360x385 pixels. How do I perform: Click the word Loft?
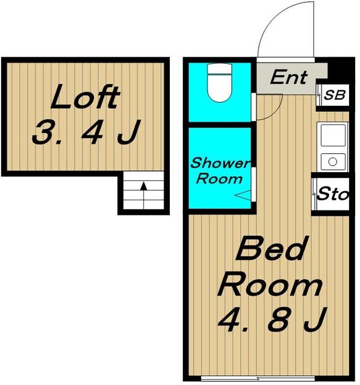click(85, 96)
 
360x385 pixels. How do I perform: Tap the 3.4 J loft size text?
click(86, 132)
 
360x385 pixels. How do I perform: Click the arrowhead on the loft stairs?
click(143, 186)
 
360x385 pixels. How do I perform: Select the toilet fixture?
click(220, 83)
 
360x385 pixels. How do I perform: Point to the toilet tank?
click(220, 69)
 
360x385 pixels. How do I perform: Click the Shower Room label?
click(220, 171)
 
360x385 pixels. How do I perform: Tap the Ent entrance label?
click(288, 77)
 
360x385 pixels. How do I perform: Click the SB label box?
click(335, 95)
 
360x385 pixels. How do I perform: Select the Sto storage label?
click(333, 194)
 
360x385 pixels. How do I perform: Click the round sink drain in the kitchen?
click(333, 162)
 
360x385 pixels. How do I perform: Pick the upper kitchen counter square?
click(333, 135)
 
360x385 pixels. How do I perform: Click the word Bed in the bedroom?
click(272, 248)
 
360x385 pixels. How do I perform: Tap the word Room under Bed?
click(270, 286)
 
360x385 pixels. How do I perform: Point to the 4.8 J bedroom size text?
click(272, 319)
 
